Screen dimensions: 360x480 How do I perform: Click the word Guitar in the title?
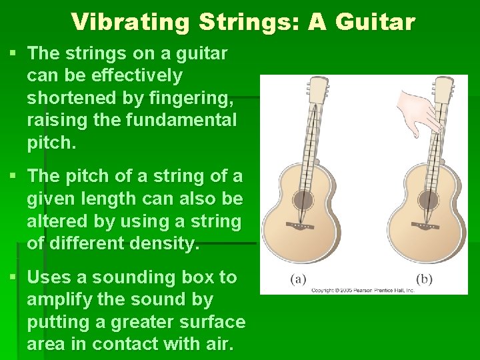(375, 22)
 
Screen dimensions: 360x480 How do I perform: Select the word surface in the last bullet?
(213, 322)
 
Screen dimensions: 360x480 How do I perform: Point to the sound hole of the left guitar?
(303, 200)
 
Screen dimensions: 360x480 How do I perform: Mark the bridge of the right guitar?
(425, 227)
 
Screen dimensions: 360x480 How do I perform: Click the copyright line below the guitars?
(363, 290)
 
